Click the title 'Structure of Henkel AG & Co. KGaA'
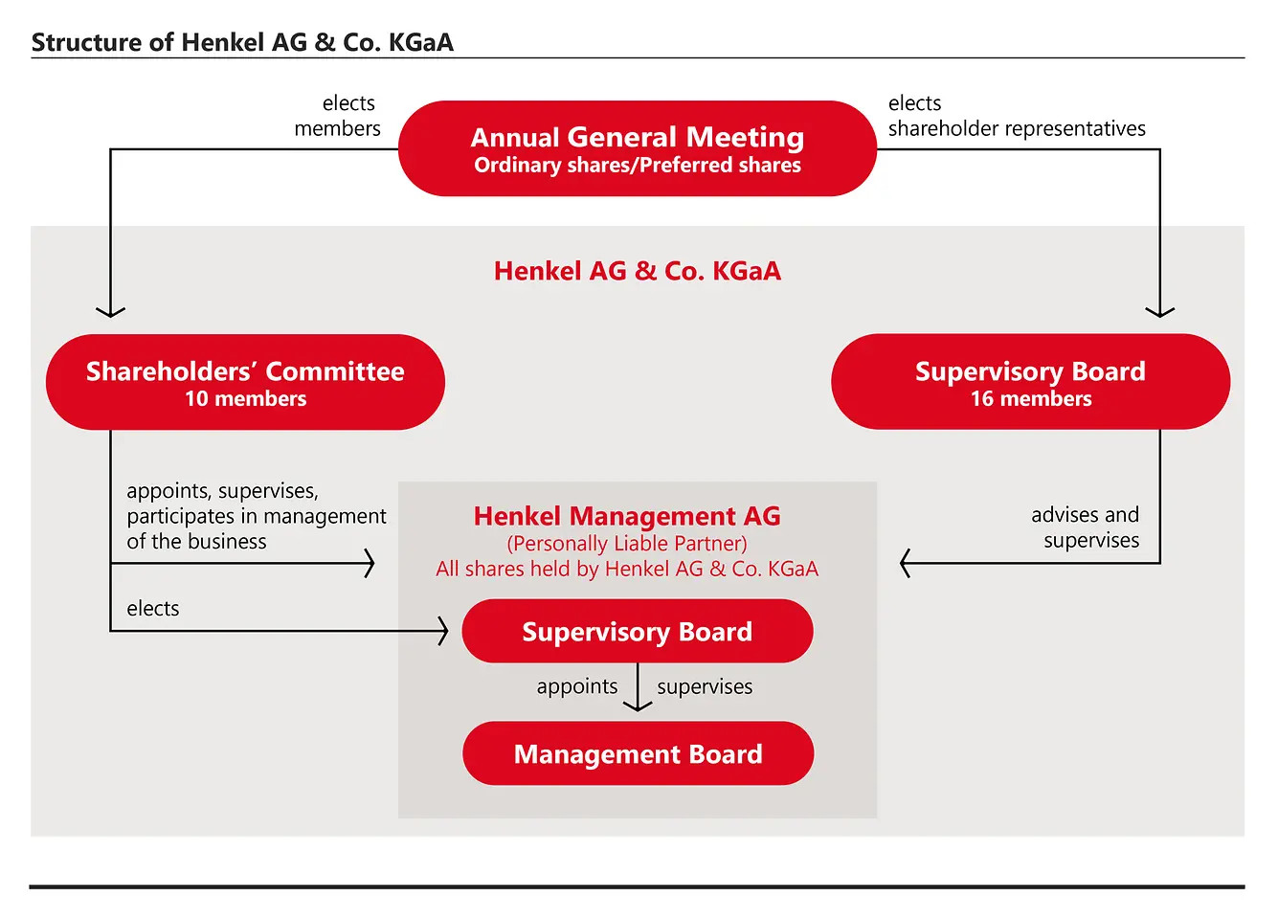click(x=242, y=42)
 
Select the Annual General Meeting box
click(x=637, y=148)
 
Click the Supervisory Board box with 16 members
click(x=1030, y=381)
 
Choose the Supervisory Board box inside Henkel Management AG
click(x=637, y=632)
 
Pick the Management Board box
click(x=638, y=754)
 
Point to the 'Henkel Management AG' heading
click(x=627, y=516)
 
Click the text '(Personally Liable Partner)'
click(x=627, y=544)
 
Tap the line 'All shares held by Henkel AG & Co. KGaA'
click(x=627, y=569)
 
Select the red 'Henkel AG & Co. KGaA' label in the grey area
click(x=637, y=271)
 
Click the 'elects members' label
click(x=338, y=116)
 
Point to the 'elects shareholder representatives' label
click(x=1016, y=116)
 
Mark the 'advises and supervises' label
click(x=1086, y=527)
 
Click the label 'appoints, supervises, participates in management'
click(x=256, y=516)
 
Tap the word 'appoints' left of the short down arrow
click(x=577, y=686)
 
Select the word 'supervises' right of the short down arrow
click(x=705, y=686)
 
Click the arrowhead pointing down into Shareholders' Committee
click(x=111, y=311)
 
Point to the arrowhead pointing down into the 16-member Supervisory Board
click(x=1160, y=311)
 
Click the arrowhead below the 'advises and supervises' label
click(x=906, y=564)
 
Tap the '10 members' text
click(x=245, y=399)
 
